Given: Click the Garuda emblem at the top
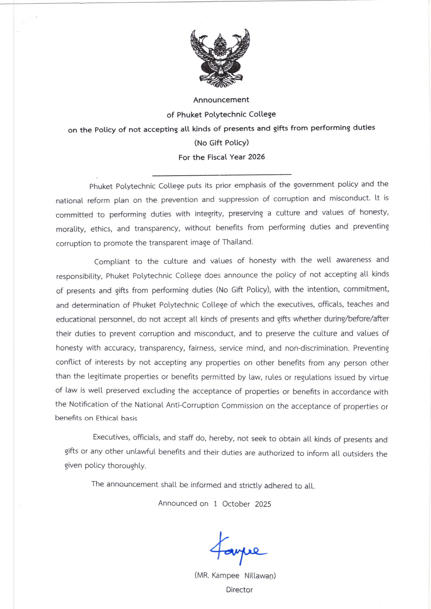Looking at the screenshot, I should coord(220,58).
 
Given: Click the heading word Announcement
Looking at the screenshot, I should coord(221,100).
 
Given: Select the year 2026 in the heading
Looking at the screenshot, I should coord(256,157).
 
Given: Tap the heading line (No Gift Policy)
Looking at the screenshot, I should coord(221,143).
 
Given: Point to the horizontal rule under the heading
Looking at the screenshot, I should coord(222,175).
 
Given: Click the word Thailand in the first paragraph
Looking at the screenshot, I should coord(238,242).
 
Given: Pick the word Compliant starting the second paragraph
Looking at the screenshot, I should coord(112,262).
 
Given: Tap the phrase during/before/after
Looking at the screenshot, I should coord(356,319).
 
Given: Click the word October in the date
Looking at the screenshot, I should coord(236,504).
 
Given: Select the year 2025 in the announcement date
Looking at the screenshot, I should coord(263,504).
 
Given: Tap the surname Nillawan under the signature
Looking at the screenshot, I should coord(260,576).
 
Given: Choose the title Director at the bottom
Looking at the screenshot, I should coord(239,590).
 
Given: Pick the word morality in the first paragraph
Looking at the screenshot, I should coord(71,229).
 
